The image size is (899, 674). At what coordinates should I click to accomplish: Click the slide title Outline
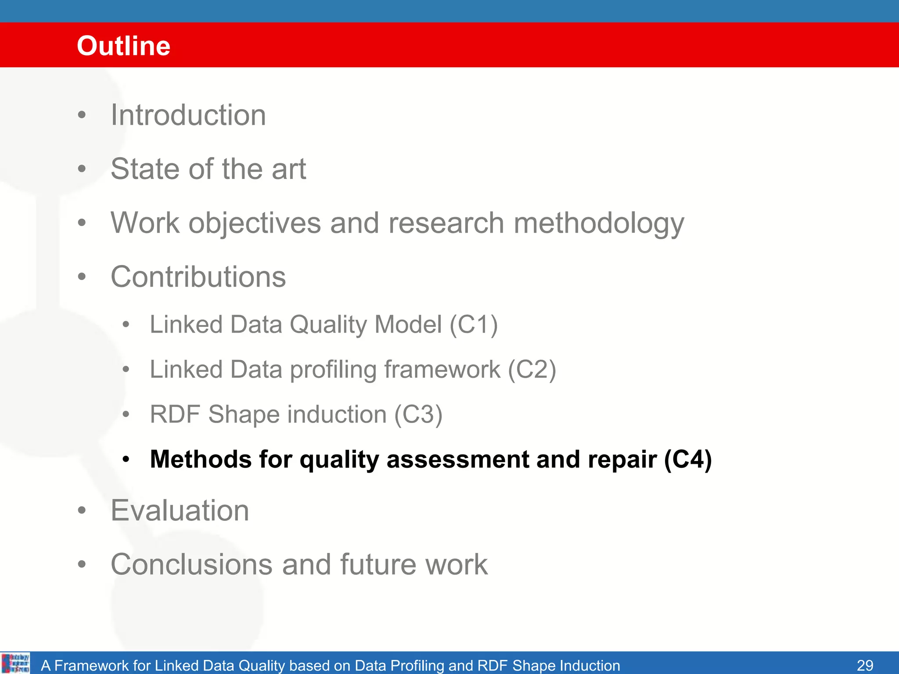[x=123, y=46]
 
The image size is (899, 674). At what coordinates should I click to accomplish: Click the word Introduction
[x=188, y=115]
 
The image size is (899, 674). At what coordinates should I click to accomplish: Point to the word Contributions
[x=198, y=277]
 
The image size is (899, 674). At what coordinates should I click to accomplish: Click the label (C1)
[x=474, y=325]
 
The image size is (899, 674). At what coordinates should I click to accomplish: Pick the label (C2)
[x=532, y=369]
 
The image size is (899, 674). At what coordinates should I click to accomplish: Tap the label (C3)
[x=418, y=415]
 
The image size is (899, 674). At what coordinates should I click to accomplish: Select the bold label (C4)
[x=688, y=460]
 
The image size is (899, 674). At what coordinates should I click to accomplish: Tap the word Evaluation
[x=180, y=510]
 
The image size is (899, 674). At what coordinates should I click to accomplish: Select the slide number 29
[x=865, y=665]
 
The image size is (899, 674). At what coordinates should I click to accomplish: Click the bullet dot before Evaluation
[x=82, y=511]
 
